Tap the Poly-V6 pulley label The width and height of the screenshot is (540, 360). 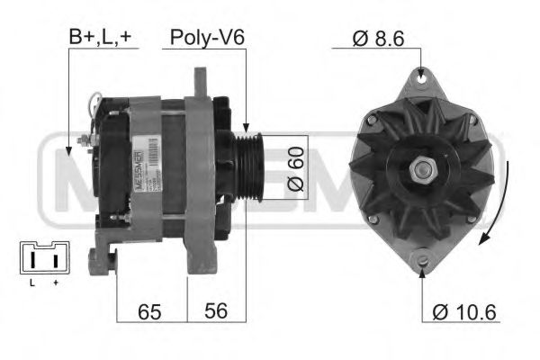[x=208, y=38]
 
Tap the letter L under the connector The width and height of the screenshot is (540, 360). [x=31, y=283]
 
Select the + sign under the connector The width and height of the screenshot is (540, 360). [x=56, y=283]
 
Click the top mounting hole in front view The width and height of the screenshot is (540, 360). [x=422, y=78]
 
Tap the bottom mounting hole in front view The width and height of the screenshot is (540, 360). [x=422, y=261]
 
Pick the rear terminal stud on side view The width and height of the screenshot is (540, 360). [x=85, y=142]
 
